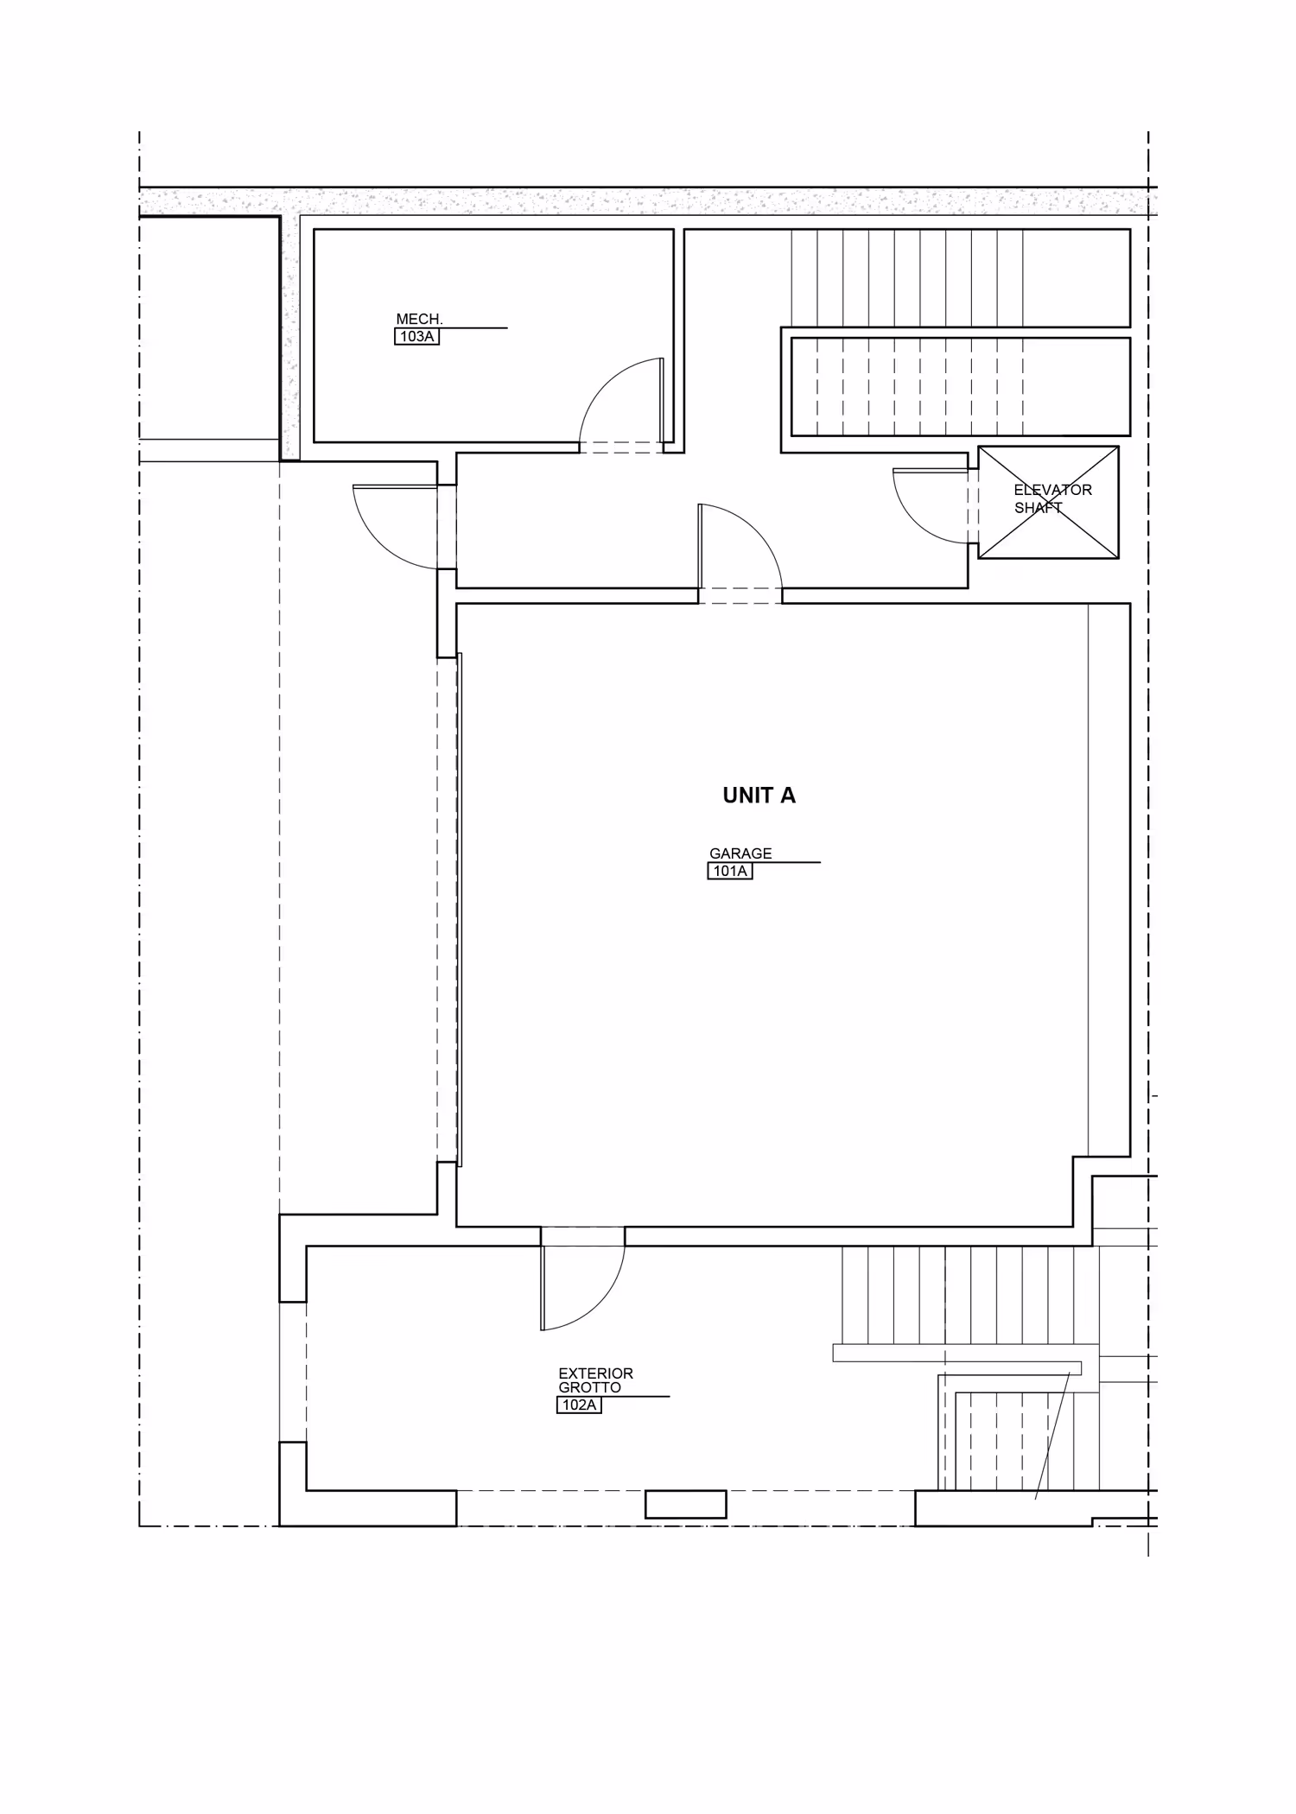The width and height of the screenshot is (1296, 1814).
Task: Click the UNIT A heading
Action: coord(759,796)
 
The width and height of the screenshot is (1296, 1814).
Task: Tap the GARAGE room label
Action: coord(740,853)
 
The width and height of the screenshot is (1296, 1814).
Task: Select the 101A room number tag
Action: coord(730,871)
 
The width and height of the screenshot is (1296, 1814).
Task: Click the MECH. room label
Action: coord(419,319)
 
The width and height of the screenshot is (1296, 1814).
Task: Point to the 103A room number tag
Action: coord(417,336)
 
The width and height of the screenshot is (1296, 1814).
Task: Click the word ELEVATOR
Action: coord(1052,490)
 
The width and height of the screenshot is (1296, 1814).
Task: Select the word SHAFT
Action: coord(1038,508)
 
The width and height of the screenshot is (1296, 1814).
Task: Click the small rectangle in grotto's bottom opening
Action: coord(686,1504)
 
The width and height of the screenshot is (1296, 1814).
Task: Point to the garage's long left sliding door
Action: coord(459,910)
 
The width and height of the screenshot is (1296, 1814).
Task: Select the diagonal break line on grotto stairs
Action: coord(1052,1436)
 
